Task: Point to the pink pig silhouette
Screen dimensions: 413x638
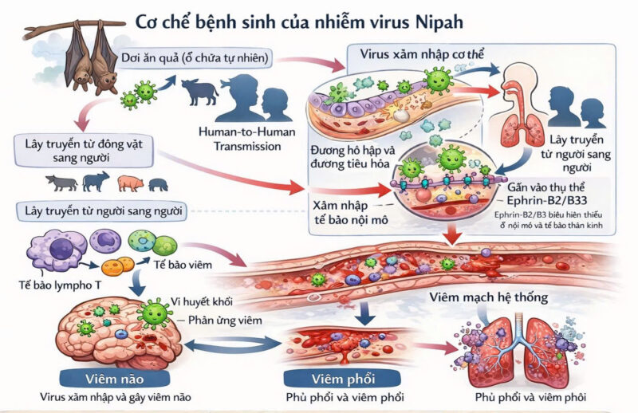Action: coord(129,183)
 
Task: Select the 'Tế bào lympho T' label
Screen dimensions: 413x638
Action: coord(55,285)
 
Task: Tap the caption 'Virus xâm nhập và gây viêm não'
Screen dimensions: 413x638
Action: coord(120,397)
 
